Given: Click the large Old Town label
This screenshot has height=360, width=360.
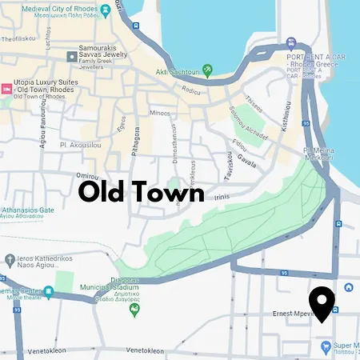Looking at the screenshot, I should [x=141, y=193].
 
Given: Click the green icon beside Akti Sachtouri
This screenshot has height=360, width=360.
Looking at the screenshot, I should [x=207, y=70].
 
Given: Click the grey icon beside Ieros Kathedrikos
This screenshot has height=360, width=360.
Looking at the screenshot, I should [x=9, y=259].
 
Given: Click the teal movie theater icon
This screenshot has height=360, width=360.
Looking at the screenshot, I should [x=49, y=293].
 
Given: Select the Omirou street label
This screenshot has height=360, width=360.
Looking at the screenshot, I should [x=87, y=177].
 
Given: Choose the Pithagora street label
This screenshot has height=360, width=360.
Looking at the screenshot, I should [x=137, y=139].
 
